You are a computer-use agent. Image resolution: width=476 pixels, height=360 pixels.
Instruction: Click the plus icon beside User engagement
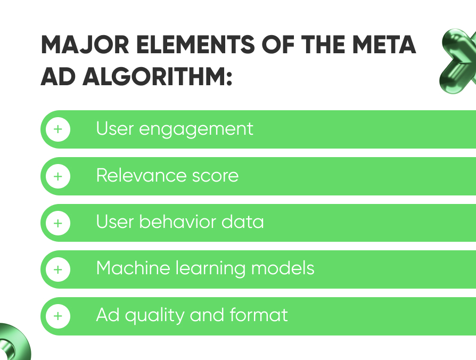(58, 129)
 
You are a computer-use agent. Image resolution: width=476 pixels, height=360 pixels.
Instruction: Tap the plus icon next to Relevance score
(58, 176)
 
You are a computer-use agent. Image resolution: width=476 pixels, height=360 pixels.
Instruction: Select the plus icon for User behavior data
(58, 224)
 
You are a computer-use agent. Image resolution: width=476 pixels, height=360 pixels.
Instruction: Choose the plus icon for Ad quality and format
(58, 316)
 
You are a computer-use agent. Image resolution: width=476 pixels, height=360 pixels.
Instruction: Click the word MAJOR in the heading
(85, 45)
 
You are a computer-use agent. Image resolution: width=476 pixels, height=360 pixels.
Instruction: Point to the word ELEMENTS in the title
(195, 45)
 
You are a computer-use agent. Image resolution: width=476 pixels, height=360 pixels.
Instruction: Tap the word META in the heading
(384, 45)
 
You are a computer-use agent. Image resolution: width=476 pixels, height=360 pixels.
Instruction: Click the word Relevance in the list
(141, 175)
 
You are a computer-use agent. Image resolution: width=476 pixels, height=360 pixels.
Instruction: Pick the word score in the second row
(216, 177)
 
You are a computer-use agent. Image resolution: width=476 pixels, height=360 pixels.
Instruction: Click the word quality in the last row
(155, 316)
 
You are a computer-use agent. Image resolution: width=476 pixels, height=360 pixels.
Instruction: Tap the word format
(259, 315)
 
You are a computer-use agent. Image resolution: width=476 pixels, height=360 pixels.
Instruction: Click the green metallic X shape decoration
(458, 61)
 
